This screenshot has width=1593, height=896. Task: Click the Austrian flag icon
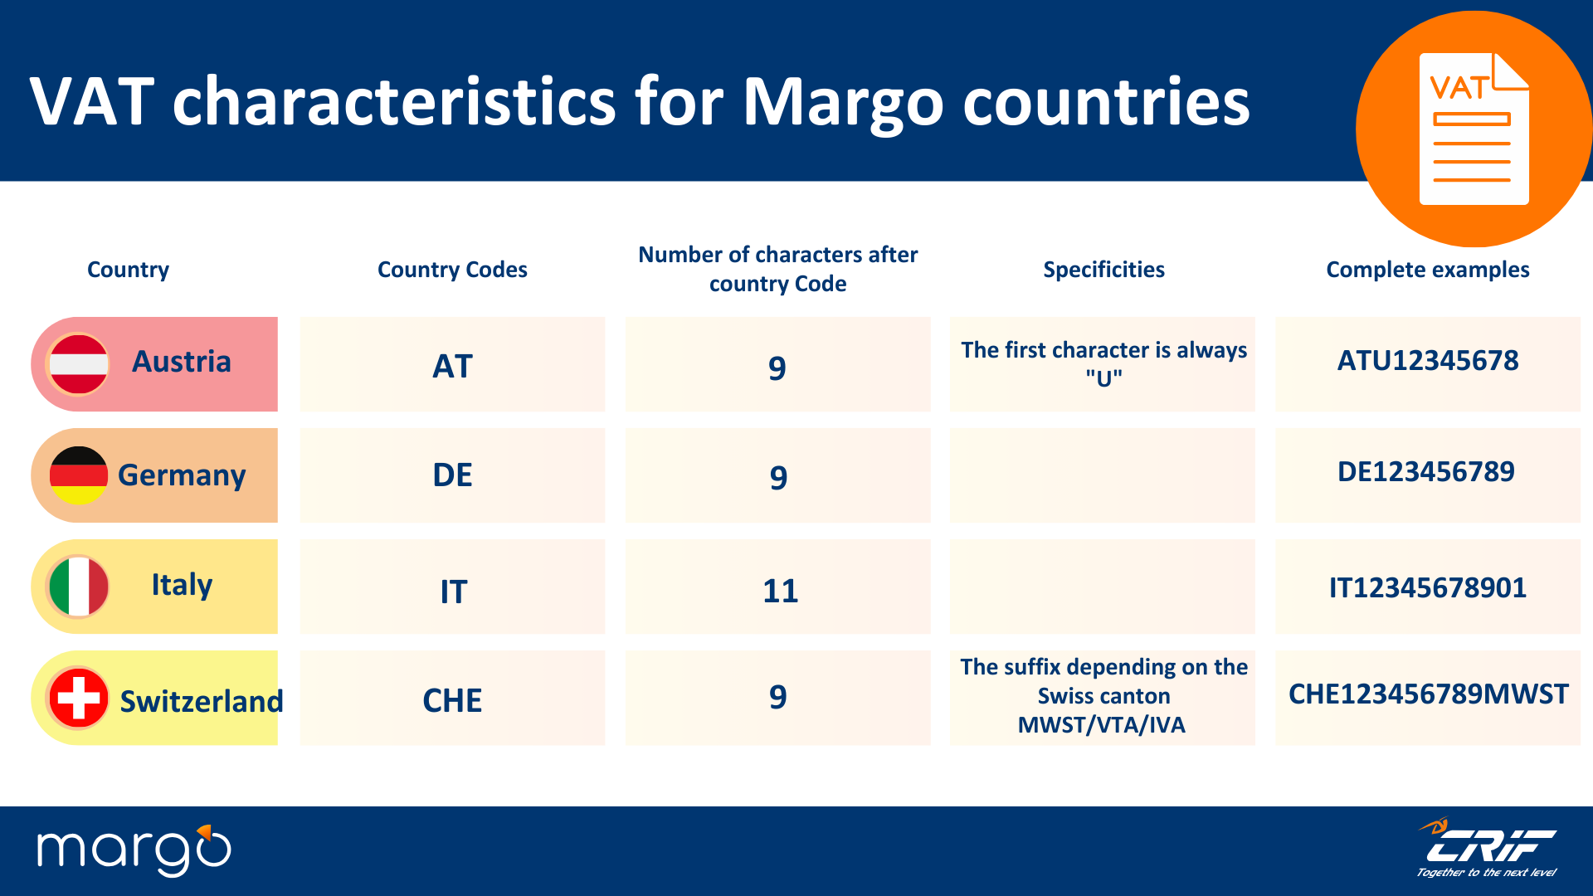tap(79, 364)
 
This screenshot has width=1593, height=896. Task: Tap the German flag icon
tap(79, 475)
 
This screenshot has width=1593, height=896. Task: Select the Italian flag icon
tap(79, 587)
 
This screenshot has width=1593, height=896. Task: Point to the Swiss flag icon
tap(79, 698)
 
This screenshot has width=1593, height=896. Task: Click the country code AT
tap(452, 366)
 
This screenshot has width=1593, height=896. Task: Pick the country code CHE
tap(452, 700)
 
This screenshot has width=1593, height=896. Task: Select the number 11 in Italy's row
tap(780, 591)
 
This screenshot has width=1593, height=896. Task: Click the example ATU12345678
tap(1427, 361)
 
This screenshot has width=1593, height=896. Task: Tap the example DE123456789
tap(1425, 472)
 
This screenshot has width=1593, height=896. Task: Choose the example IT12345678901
tap(1427, 587)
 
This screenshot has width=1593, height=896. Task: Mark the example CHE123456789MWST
tap(1428, 694)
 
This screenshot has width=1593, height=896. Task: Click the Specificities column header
tap(1103, 270)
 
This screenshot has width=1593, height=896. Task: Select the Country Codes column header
tap(452, 270)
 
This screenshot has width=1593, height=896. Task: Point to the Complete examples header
tap(1427, 270)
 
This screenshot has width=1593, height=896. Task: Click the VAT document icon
tap(1474, 129)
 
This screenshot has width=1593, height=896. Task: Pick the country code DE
tap(452, 475)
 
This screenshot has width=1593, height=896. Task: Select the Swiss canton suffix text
tap(1103, 695)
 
